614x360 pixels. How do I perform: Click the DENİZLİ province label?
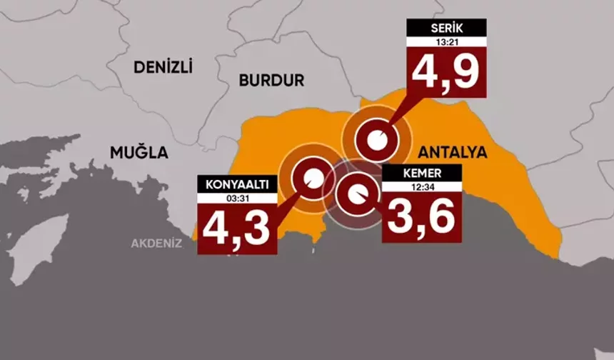click(x=163, y=67)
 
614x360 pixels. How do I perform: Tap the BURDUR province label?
click(x=271, y=81)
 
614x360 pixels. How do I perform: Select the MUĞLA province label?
click(x=139, y=152)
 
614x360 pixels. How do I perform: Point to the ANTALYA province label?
click(x=452, y=152)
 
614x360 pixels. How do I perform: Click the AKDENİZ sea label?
click(x=156, y=243)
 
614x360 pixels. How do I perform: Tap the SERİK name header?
click(x=446, y=28)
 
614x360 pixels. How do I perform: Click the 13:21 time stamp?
click(x=446, y=41)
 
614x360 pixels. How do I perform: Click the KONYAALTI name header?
click(x=236, y=184)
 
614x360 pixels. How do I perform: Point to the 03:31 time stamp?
click(x=236, y=196)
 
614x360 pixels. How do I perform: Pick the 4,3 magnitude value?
click(x=236, y=226)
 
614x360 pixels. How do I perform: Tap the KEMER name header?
click(x=421, y=174)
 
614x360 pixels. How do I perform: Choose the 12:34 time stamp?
click(x=421, y=187)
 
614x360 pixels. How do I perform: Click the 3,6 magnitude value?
click(x=421, y=216)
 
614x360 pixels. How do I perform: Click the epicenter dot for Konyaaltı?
click(x=313, y=178)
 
